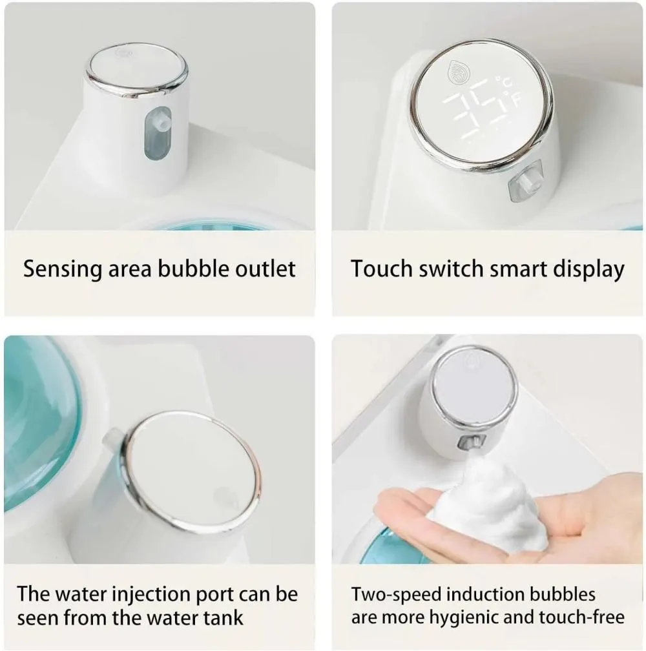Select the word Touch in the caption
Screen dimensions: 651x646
pyautogui.click(x=377, y=269)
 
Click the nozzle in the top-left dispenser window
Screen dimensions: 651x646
pyautogui.click(x=158, y=121)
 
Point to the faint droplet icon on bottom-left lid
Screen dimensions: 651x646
pyautogui.click(x=225, y=497)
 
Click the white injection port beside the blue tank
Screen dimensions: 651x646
pyautogui.click(x=112, y=439)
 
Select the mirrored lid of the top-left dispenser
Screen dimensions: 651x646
pyautogui.click(x=138, y=68)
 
